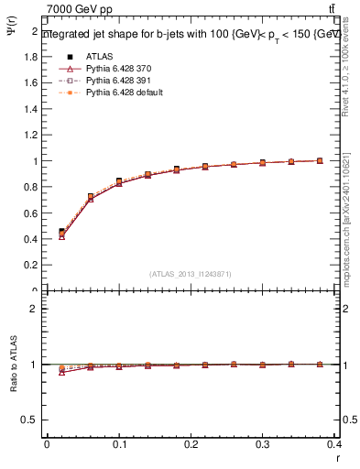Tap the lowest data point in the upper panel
click(x=61, y=236)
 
